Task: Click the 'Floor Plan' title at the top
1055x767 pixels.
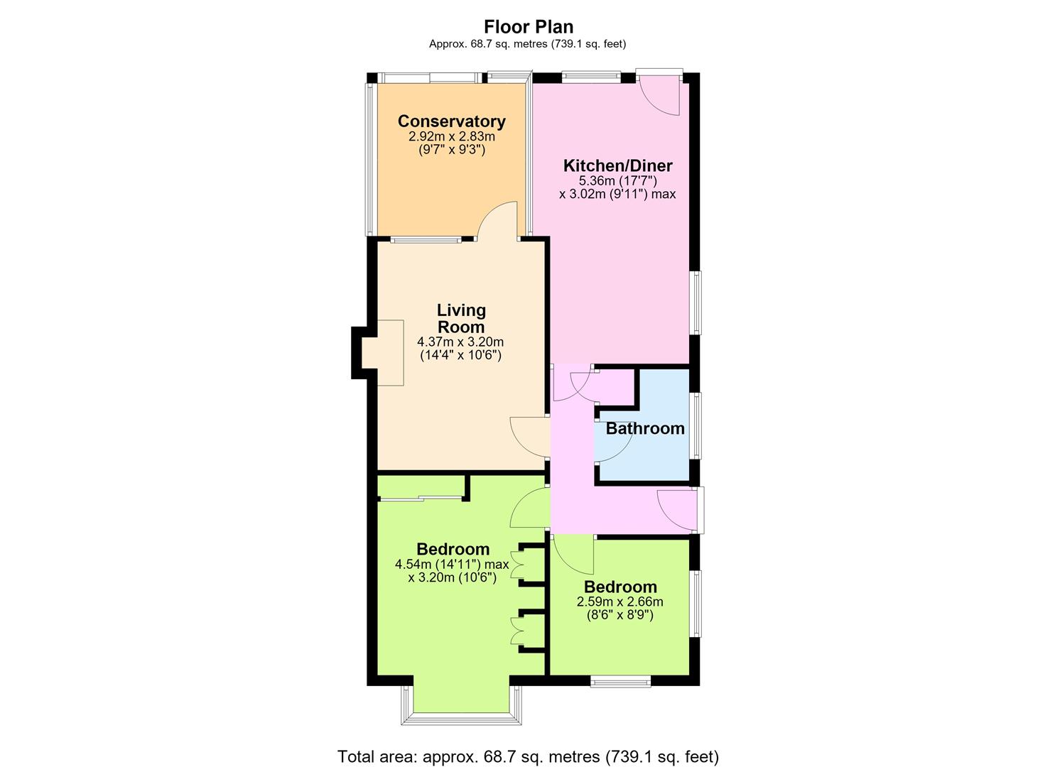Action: [529, 27]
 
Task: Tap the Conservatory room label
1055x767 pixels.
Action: [452, 121]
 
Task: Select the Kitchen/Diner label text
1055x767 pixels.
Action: [618, 165]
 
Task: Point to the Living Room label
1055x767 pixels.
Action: [461, 319]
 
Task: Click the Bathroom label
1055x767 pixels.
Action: [645, 428]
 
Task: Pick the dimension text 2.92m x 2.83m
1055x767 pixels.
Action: [452, 137]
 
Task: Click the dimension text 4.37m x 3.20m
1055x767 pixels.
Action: [460, 342]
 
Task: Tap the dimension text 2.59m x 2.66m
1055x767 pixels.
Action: [620, 602]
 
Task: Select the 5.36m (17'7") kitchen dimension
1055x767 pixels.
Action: [618, 180]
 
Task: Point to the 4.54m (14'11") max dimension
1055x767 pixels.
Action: [452, 564]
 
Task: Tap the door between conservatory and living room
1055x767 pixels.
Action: [498, 220]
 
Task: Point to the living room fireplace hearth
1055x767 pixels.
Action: [382, 353]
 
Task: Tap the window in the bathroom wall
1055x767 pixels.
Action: [696, 425]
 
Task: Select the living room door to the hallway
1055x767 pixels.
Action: [529, 437]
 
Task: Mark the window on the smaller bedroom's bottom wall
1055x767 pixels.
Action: [621, 681]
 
